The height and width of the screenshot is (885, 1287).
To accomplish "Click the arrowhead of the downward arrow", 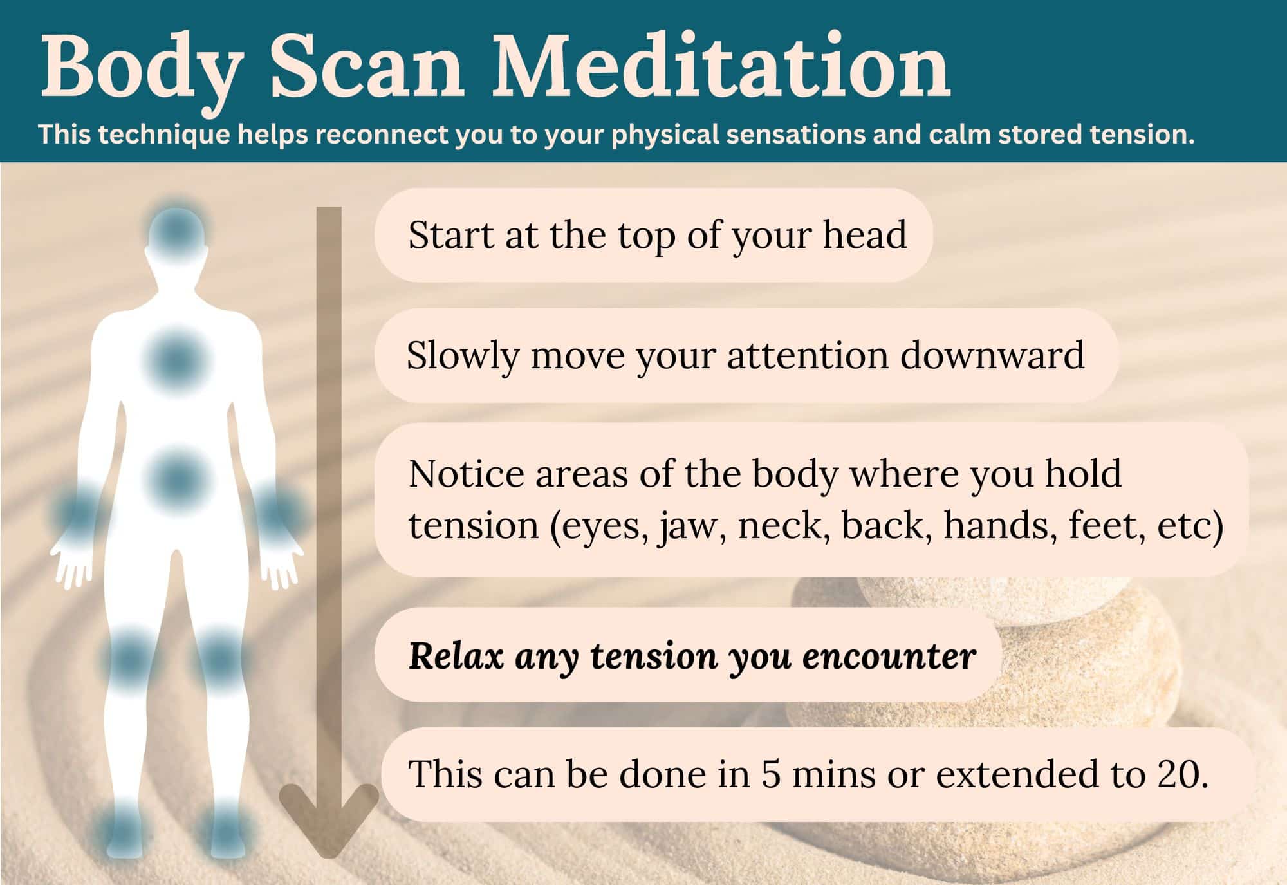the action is coord(329,821).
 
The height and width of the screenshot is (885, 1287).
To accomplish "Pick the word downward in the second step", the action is coord(992,355).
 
